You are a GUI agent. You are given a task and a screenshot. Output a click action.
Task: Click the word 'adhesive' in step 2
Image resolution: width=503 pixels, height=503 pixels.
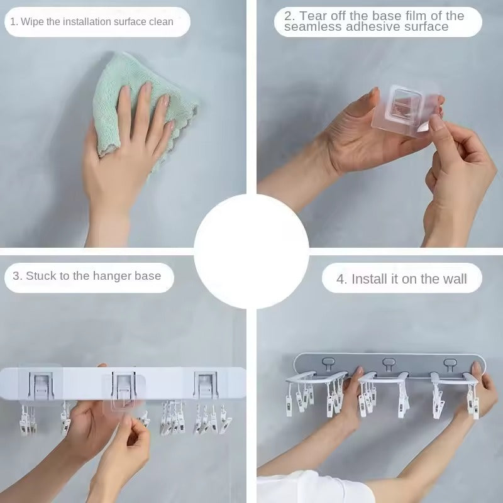point(362,27)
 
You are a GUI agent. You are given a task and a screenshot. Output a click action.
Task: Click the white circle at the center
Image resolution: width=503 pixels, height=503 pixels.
point(251,251)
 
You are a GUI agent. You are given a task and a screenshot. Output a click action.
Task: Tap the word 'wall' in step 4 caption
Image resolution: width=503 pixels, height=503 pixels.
point(453,279)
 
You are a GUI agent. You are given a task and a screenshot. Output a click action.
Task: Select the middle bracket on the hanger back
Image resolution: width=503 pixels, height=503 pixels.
point(123,385)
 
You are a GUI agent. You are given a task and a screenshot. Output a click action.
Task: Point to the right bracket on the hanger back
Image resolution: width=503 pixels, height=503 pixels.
point(206,384)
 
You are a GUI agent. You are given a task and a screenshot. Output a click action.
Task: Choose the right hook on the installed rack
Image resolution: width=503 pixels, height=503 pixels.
point(450,363)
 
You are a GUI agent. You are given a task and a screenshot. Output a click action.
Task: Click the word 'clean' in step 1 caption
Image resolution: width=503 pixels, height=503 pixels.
point(161,22)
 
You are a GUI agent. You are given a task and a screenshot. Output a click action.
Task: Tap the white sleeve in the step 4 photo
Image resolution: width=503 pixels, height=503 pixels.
point(302,489)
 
